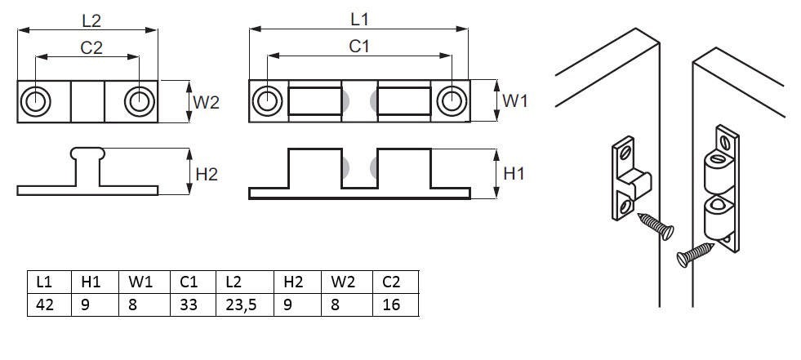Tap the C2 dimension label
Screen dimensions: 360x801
91,47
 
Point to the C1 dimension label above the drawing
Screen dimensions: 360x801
359,47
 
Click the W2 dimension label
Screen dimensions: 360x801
206,102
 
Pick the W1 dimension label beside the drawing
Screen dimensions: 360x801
515,101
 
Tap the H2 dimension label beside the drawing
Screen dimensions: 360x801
207,173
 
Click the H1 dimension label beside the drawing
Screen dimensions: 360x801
514,173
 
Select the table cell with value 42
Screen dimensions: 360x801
46,306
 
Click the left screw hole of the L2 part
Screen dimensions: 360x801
36,101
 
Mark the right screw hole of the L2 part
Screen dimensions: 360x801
138,101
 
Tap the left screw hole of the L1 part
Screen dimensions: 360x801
266,101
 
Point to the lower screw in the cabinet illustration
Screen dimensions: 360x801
695,252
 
